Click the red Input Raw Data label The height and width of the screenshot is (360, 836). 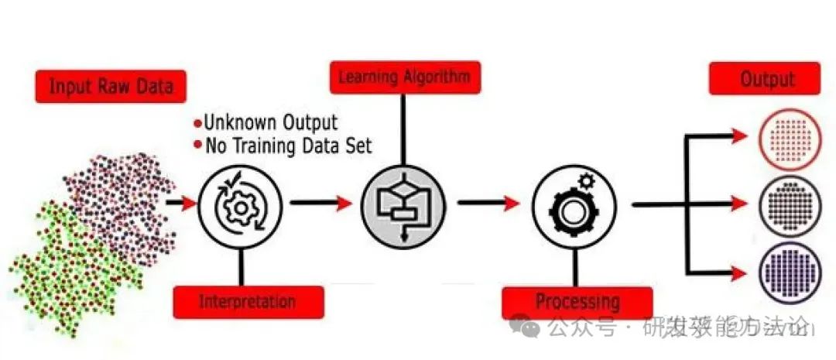click(110, 86)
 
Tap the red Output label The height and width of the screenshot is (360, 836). click(764, 79)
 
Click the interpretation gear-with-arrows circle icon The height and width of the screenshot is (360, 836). click(240, 205)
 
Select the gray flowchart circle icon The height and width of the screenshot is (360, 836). click(403, 204)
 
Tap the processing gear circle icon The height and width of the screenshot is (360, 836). click(574, 206)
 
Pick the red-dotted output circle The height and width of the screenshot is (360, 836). click(788, 139)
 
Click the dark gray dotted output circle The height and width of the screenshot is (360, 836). click(788, 206)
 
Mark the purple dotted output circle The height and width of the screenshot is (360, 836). click(788, 272)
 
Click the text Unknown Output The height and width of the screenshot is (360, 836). click(270, 122)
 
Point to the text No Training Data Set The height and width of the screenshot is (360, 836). click(287, 145)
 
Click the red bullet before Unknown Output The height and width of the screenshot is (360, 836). click(197, 123)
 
